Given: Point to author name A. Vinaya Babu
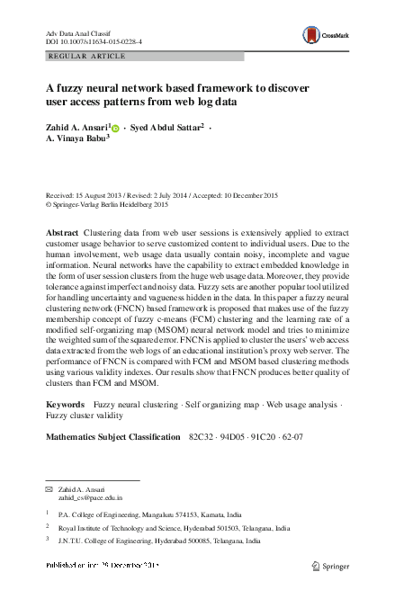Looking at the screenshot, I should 76,141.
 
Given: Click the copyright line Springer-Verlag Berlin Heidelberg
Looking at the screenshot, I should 108,205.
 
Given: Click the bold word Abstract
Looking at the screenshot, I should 63,233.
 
